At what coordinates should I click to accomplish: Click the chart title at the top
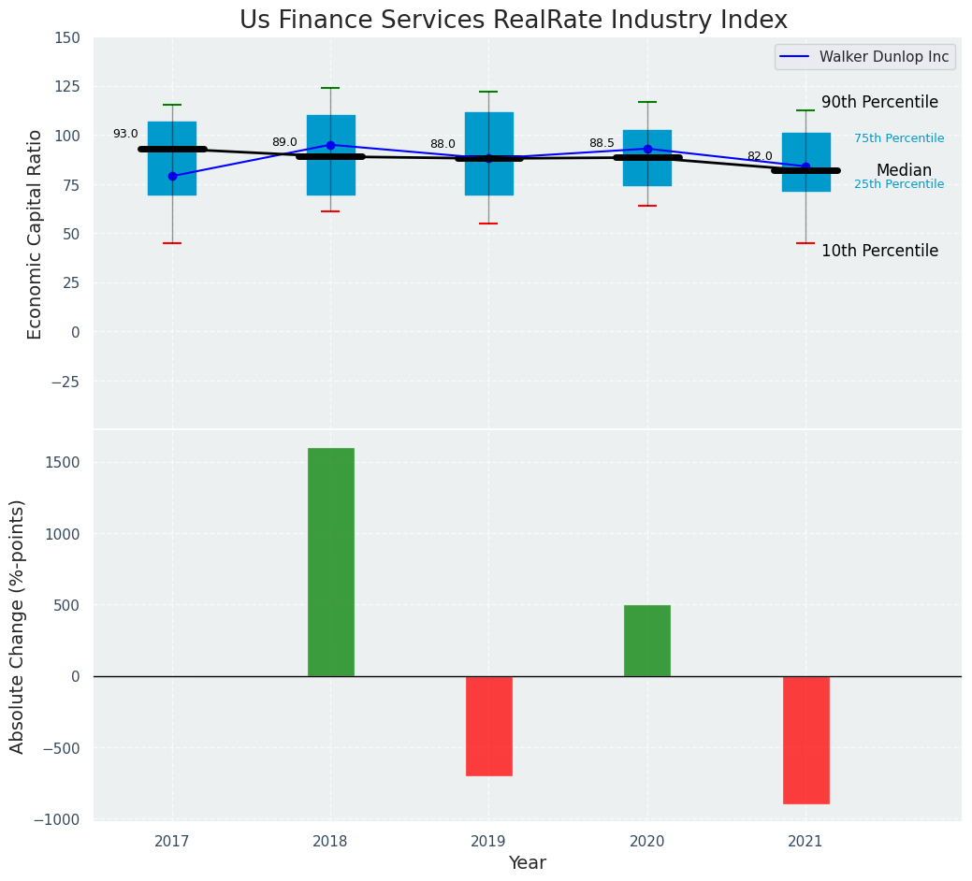click(513, 21)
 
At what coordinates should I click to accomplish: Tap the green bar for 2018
click(330, 561)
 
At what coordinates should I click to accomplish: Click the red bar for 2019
click(488, 726)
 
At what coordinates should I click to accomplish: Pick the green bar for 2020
click(646, 641)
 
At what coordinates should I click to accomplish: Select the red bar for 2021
click(805, 740)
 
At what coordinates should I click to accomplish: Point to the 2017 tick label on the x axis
click(172, 842)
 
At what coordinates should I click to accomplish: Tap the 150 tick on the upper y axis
click(67, 38)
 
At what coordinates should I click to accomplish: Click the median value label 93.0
click(124, 135)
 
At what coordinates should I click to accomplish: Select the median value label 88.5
click(602, 144)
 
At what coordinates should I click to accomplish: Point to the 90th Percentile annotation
click(879, 102)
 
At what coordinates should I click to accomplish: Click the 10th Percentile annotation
click(879, 251)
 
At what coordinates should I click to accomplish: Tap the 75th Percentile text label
click(899, 138)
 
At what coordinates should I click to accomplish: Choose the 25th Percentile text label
click(899, 184)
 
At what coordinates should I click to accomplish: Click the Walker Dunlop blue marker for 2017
click(172, 176)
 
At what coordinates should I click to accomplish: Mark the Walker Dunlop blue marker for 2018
click(330, 145)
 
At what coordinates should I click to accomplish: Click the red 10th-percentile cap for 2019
click(488, 224)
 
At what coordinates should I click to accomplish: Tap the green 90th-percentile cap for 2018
click(330, 88)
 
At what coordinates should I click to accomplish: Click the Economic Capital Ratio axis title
click(36, 234)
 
